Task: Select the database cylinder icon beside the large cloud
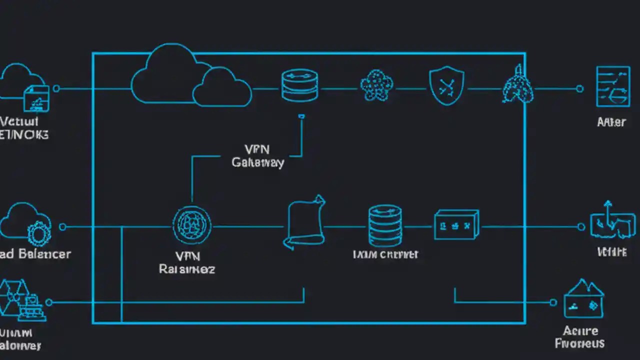pyautogui.click(x=300, y=85)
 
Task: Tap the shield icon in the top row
pyautogui.click(x=446, y=86)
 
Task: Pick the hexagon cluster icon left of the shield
pyautogui.click(x=376, y=85)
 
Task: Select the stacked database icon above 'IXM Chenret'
pyautogui.click(x=384, y=225)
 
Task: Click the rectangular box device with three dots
pyautogui.click(x=456, y=224)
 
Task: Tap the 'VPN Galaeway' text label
pyautogui.click(x=258, y=156)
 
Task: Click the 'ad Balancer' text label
pyautogui.click(x=35, y=254)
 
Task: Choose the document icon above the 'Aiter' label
pyautogui.click(x=612, y=86)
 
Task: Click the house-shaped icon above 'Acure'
pyautogui.click(x=583, y=299)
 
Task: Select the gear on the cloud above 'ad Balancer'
pyautogui.click(x=38, y=233)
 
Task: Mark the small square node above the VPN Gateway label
pyautogui.click(x=301, y=116)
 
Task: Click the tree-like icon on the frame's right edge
pyautogui.click(x=518, y=86)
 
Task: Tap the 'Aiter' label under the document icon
pyautogui.click(x=611, y=122)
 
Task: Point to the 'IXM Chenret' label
pyautogui.click(x=385, y=254)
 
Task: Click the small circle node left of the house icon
pyautogui.click(x=553, y=302)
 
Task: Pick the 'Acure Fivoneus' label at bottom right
pyautogui.click(x=580, y=337)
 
